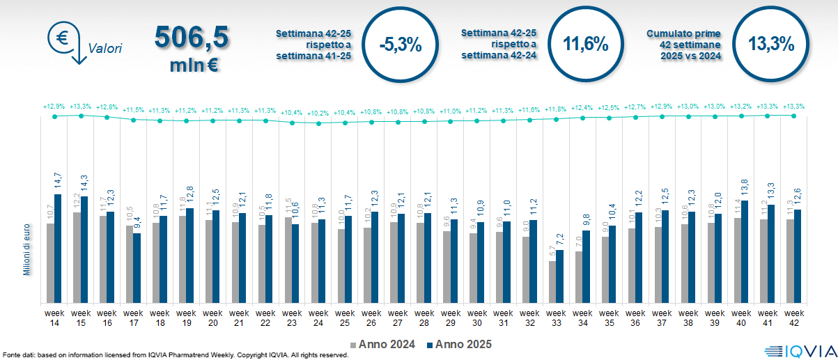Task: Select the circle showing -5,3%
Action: pos(401,45)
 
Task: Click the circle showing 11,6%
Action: pos(586,45)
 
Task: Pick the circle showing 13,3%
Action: pos(771,45)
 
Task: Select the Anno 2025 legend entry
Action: pos(460,344)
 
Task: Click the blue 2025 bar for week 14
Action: pos(59,249)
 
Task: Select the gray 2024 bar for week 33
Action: pos(552,282)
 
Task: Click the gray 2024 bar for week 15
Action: pos(77,258)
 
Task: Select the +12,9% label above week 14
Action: pos(54,107)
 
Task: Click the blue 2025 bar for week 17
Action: pos(137,268)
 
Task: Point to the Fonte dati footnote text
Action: pos(175,355)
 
